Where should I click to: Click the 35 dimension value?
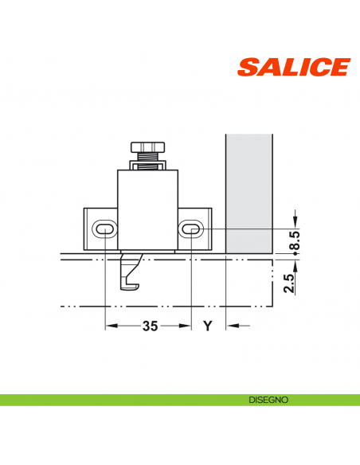pos(149,326)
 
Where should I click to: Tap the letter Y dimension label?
pos(208,326)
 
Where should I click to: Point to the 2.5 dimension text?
pos(289,282)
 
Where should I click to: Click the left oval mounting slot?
pos(105,229)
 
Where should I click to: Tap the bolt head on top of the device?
pos(148,147)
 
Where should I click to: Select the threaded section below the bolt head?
pos(148,159)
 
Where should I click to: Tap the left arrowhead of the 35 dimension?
pos(111,326)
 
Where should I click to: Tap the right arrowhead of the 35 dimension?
pos(187,326)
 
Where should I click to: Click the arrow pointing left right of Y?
pos(232,326)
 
